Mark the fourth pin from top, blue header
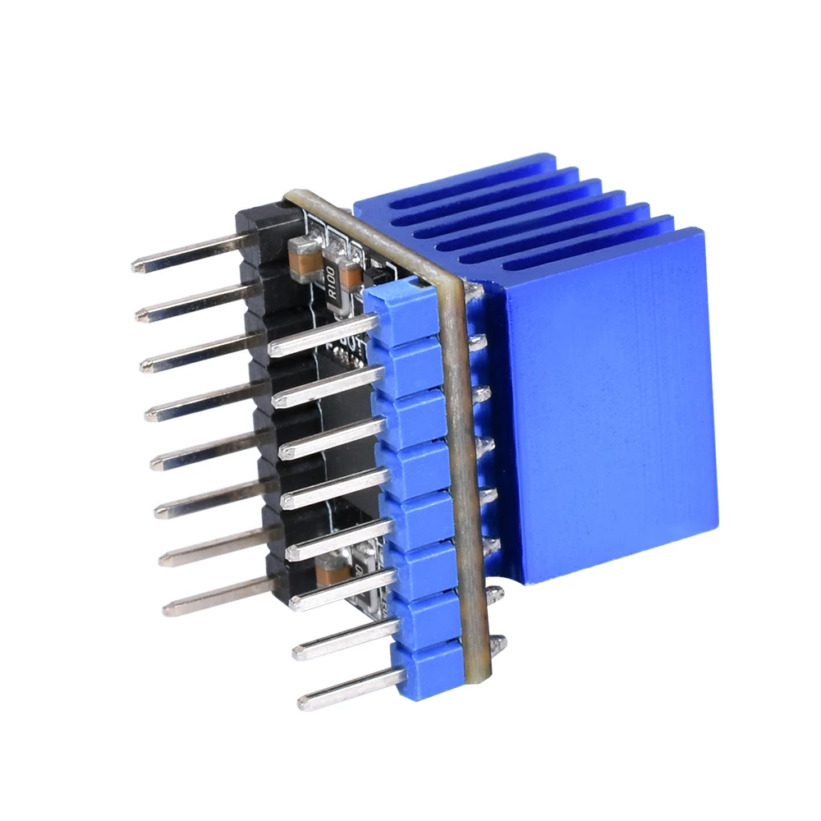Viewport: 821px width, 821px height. (x=333, y=485)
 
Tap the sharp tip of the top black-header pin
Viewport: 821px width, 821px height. (x=136, y=266)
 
